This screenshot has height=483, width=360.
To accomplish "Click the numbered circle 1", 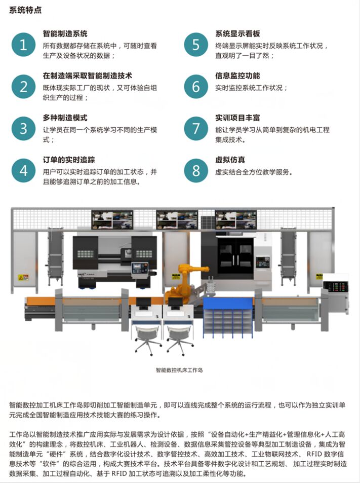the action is tap(23, 45).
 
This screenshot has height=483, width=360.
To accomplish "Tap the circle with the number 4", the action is tap(23, 171).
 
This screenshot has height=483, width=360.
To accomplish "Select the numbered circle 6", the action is tap(196, 87).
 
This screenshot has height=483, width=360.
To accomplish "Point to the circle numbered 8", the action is tap(196, 171).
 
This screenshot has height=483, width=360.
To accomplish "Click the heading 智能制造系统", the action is tap(65, 33).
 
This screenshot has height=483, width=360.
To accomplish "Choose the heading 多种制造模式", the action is tap(65, 118).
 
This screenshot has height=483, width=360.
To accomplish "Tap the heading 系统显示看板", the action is tap(237, 33).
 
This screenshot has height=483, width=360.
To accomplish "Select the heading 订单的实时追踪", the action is tap(69, 160).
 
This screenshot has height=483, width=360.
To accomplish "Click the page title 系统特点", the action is tap(25, 10).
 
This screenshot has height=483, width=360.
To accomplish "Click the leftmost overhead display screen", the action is tap(112, 219).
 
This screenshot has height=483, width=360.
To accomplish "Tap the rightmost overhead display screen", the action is tap(235, 219).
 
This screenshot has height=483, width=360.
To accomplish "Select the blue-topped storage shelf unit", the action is tap(228, 317).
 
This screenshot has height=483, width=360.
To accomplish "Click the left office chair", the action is tap(147, 340).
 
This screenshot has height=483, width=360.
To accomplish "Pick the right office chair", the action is tap(180, 340).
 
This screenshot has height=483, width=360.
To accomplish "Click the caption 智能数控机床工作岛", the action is tap(179, 370).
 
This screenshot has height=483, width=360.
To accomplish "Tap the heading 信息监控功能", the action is tap(237, 76).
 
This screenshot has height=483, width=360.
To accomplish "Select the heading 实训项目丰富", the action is tap(237, 118).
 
